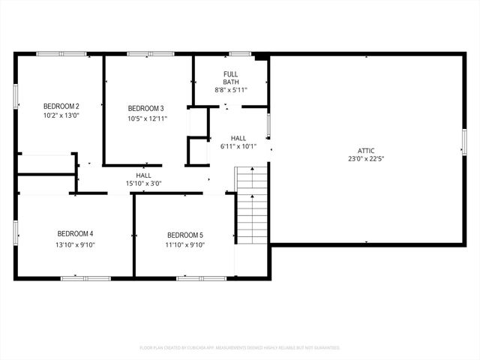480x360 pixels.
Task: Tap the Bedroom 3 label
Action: (x=145, y=108)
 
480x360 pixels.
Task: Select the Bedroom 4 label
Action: (x=75, y=233)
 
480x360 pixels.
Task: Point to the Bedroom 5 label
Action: (x=184, y=234)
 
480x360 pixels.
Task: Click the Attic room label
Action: (x=366, y=150)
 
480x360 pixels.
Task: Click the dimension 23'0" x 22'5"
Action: (x=366, y=159)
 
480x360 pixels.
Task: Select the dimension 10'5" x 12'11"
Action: (x=145, y=118)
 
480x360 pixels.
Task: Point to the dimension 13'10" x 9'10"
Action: (x=75, y=244)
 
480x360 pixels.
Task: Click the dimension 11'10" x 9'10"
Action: (x=184, y=244)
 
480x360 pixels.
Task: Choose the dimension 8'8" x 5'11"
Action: (x=231, y=90)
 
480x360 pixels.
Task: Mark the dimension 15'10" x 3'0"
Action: (x=144, y=184)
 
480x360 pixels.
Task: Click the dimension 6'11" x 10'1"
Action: (x=238, y=147)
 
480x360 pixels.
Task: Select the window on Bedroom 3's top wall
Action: (x=139, y=54)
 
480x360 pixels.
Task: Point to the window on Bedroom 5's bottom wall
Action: (x=201, y=278)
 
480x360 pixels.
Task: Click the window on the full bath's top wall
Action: (x=240, y=54)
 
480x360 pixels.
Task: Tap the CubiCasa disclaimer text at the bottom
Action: (x=240, y=348)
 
